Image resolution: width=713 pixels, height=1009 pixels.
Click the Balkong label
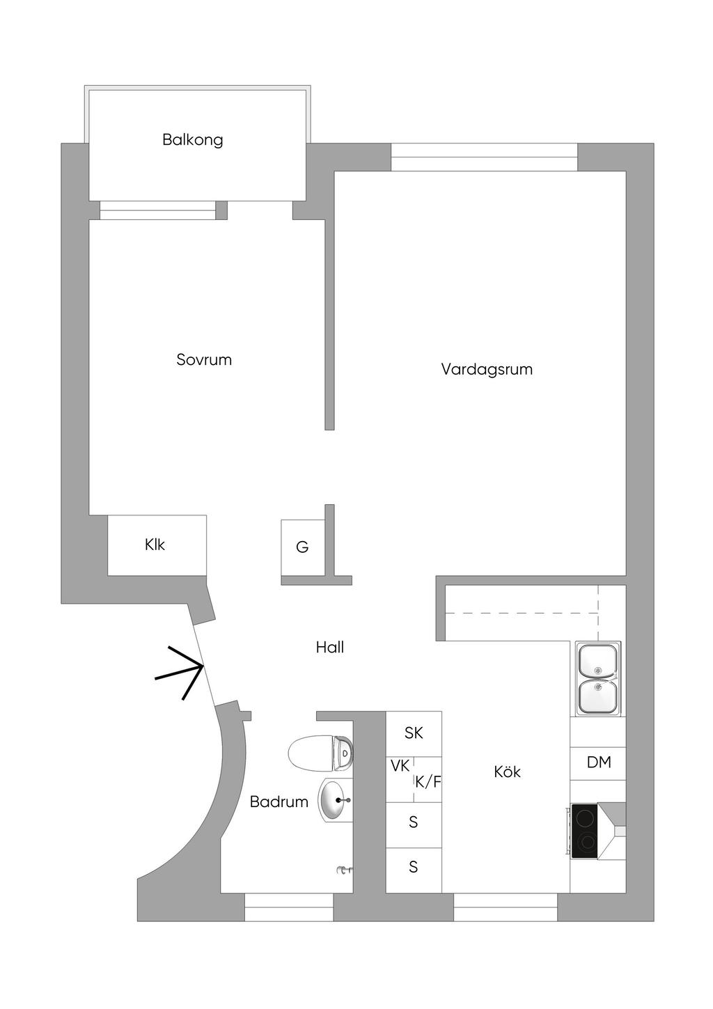click(x=192, y=140)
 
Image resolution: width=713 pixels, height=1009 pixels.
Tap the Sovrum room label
click(x=204, y=359)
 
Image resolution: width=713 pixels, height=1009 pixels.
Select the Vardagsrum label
click(x=487, y=369)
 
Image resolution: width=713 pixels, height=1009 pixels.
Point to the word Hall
click(x=330, y=648)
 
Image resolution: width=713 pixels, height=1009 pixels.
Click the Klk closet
click(x=157, y=545)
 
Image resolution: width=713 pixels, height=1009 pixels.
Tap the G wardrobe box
click(x=303, y=547)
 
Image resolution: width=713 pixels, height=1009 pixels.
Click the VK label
click(x=400, y=766)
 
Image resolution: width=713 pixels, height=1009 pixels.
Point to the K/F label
click(x=428, y=782)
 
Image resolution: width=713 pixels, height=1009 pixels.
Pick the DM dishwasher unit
click(x=598, y=762)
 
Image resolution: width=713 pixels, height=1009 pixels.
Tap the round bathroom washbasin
click(x=336, y=800)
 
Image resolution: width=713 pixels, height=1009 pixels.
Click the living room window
click(x=484, y=157)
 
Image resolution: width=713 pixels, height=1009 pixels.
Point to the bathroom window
click(x=289, y=907)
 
